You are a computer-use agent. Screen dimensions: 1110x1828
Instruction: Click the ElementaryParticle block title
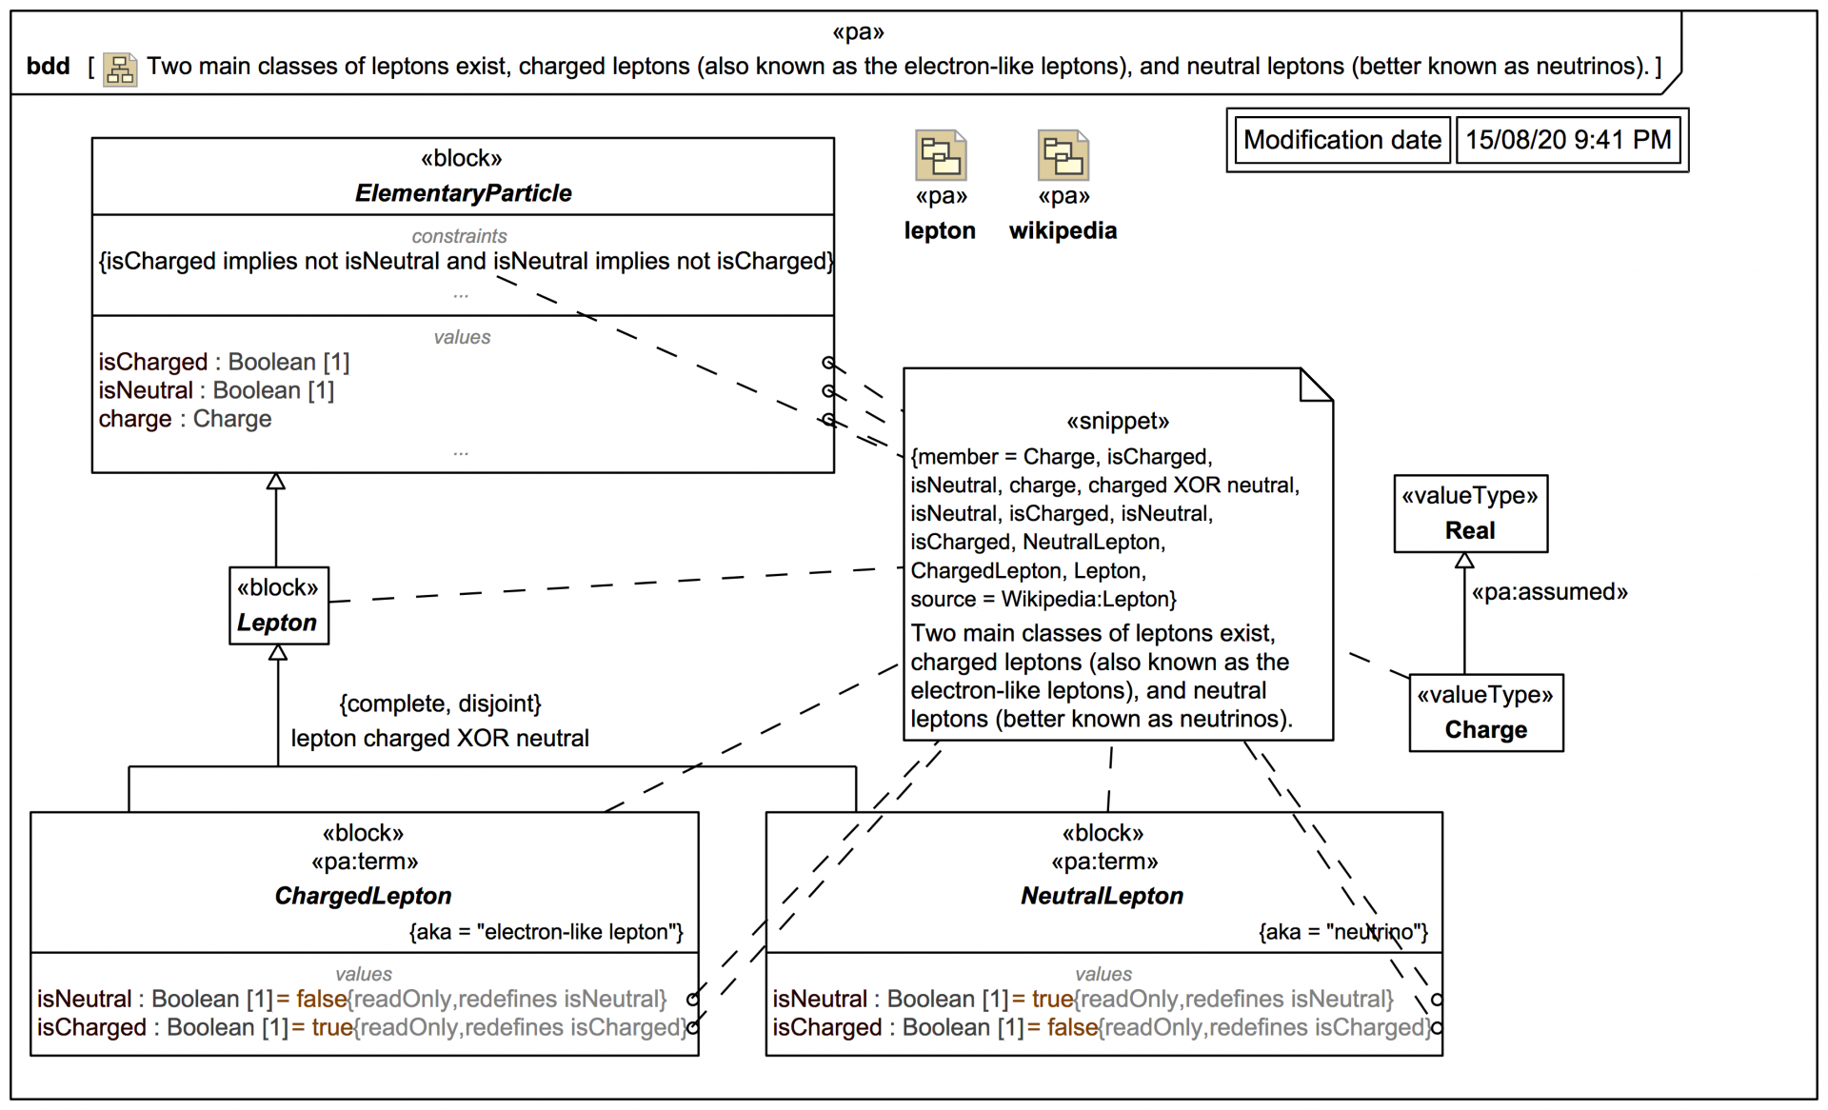(x=463, y=193)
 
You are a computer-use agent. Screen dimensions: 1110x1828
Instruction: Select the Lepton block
(x=278, y=606)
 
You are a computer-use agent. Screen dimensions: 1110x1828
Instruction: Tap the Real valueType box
(x=1470, y=514)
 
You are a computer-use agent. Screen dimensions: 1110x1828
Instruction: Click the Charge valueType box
(x=1485, y=713)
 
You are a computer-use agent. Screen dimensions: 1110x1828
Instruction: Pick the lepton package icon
(x=941, y=156)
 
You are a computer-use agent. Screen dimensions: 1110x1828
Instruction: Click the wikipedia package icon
(x=1063, y=156)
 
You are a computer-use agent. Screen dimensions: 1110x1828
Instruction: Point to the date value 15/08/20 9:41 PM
(x=1567, y=140)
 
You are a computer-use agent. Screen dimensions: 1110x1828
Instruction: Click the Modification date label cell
(x=1341, y=140)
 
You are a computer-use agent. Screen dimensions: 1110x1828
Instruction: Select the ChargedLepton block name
(x=363, y=896)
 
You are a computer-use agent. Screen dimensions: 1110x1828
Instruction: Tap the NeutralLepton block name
(x=1102, y=896)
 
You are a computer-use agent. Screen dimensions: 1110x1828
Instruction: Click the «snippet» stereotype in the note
(x=1117, y=422)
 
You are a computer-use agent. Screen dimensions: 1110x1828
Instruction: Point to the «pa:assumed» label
(x=1549, y=592)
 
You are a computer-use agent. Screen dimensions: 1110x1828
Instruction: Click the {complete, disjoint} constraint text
(x=440, y=704)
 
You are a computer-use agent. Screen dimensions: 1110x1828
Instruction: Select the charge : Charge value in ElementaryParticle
(x=185, y=419)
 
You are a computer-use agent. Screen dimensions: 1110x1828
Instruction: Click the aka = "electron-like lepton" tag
(x=546, y=932)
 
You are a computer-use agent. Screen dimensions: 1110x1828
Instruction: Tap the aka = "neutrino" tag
(x=1342, y=932)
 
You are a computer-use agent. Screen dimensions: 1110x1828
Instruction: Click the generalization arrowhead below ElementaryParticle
(x=276, y=482)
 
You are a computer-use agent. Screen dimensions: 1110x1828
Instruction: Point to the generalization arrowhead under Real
(x=1464, y=561)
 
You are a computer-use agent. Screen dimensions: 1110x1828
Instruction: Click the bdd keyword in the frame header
(x=48, y=67)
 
